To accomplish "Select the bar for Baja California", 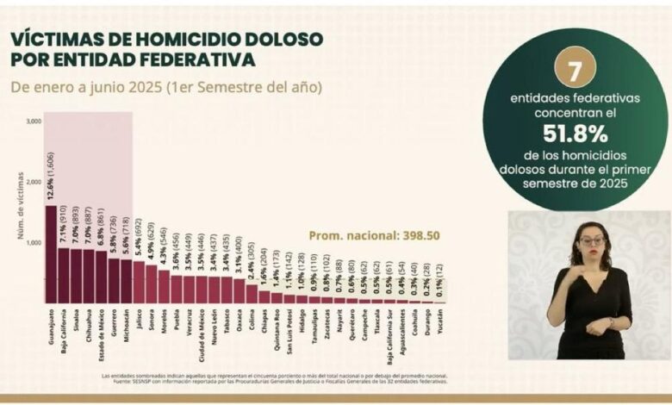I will coord(64,276).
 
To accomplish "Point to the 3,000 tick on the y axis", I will coord(34,121).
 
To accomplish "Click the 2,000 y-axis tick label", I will coord(34,182).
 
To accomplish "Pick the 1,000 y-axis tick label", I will coord(34,243).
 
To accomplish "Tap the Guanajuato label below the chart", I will coord(52,333).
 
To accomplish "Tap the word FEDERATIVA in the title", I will coord(191,59).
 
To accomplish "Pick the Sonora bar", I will coord(152,285).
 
